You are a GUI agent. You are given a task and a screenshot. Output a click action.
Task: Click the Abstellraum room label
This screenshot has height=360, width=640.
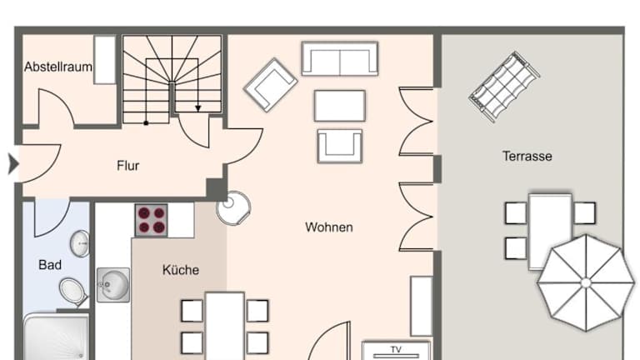(58, 67)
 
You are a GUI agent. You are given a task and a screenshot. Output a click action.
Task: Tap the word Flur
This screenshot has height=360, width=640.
(127, 166)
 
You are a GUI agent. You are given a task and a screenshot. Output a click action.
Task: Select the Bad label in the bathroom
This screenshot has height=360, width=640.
(50, 265)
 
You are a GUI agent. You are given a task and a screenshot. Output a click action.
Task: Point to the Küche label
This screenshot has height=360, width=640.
(180, 270)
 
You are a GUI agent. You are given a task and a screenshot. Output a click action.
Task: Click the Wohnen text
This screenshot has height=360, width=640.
(329, 227)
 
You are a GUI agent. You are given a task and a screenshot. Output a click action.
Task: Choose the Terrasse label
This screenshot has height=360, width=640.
(527, 157)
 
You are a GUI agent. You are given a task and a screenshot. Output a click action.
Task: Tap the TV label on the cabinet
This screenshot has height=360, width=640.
(396, 350)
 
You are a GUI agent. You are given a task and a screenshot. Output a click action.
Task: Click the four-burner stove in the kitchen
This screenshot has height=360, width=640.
(152, 220)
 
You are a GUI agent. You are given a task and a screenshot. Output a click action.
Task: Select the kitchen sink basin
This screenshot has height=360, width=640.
(113, 285)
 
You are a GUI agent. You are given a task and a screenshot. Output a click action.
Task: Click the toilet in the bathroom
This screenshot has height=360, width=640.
(73, 292)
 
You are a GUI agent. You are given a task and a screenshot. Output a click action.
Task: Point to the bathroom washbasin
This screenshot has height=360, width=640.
(80, 243)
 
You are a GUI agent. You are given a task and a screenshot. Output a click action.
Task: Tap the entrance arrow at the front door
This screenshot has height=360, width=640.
(13, 164)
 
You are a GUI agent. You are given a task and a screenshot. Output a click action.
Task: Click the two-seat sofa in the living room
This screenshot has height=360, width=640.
(340, 59)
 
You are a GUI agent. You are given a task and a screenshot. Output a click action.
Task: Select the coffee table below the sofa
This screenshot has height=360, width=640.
(340, 106)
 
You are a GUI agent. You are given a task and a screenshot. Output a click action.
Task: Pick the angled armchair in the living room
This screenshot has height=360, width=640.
(271, 85)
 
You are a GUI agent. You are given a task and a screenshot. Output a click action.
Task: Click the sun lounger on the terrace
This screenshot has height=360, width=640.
(504, 87)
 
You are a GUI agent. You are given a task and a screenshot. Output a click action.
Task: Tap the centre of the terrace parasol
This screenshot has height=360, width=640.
(586, 282)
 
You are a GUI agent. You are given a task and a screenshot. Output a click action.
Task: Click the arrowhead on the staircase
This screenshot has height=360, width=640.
(198, 108)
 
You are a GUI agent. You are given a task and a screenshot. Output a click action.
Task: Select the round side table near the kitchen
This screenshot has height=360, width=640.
(233, 208)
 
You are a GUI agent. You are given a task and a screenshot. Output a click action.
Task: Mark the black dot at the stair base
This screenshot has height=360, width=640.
(146, 122)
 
